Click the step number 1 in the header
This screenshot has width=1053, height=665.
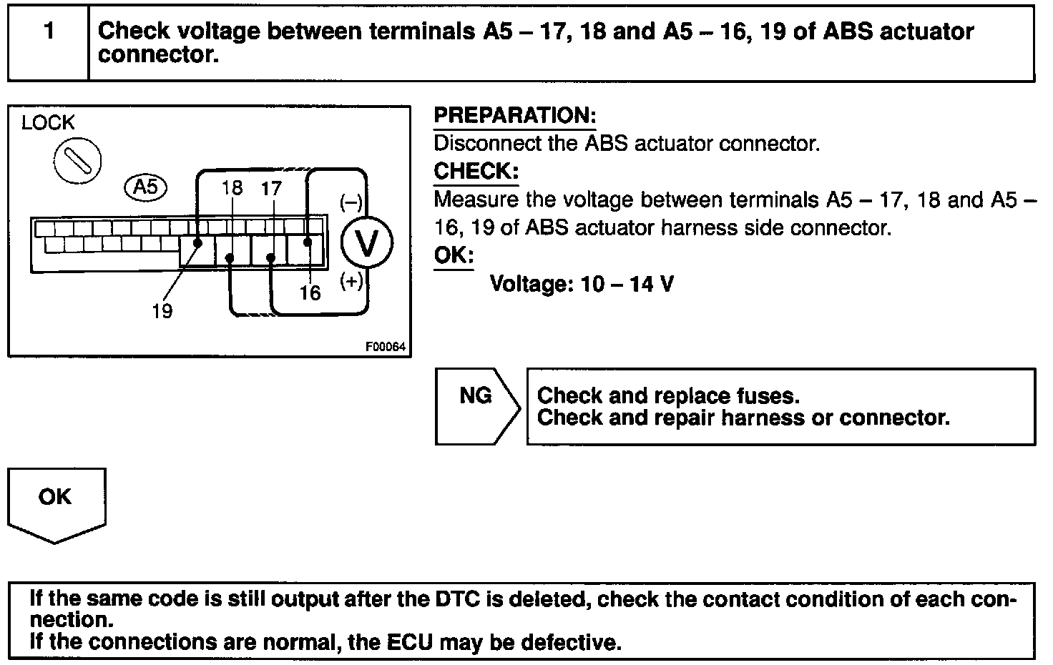pyautogui.click(x=49, y=31)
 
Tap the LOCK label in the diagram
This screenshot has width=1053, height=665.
pyautogui.click(x=48, y=123)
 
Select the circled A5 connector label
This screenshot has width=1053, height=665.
pyautogui.click(x=145, y=187)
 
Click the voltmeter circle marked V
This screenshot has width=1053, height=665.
pyautogui.click(x=367, y=244)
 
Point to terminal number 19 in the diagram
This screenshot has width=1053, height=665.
pyautogui.click(x=162, y=311)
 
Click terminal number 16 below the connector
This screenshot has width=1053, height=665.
pyautogui.click(x=310, y=292)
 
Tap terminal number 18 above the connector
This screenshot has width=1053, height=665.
pyautogui.click(x=232, y=188)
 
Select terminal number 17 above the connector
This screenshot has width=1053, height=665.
pyautogui.click(x=272, y=188)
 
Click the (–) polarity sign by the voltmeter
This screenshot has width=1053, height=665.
pyautogui.click(x=351, y=202)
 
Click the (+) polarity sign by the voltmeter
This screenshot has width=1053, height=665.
pyautogui.click(x=351, y=281)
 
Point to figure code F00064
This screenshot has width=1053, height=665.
pyautogui.click(x=386, y=347)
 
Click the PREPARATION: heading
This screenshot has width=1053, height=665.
pyautogui.click(x=514, y=116)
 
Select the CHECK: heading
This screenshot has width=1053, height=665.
pyautogui.click(x=476, y=172)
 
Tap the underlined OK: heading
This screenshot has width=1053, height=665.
pyautogui.click(x=454, y=255)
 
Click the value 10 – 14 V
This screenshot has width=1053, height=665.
pyautogui.click(x=627, y=285)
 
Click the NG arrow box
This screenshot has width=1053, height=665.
pyautogui.click(x=476, y=405)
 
